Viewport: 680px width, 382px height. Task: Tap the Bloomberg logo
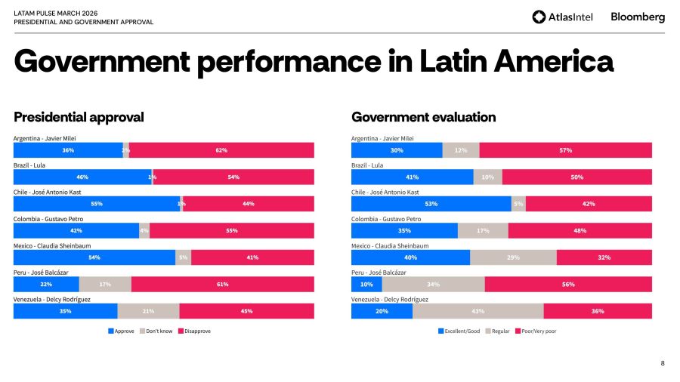[638, 17]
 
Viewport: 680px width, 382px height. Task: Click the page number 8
[663, 363]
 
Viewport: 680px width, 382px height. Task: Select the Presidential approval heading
[79, 117]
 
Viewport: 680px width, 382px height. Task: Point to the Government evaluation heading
[423, 117]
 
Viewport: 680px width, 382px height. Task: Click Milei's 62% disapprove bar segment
[221, 150]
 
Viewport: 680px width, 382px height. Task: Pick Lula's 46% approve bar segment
[82, 177]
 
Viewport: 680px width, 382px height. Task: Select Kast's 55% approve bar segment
[97, 204]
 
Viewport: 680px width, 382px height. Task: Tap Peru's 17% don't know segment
[105, 284]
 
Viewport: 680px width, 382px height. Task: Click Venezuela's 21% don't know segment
[148, 311]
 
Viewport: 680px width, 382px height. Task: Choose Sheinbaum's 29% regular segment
[513, 257]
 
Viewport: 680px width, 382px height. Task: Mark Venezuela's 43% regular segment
[478, 311]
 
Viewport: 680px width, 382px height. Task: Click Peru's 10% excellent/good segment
[366, 284]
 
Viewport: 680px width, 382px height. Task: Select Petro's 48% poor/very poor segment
[580, 230]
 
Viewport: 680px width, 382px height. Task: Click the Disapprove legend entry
[195, 331]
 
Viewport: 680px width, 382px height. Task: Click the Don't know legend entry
[156, 331]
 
